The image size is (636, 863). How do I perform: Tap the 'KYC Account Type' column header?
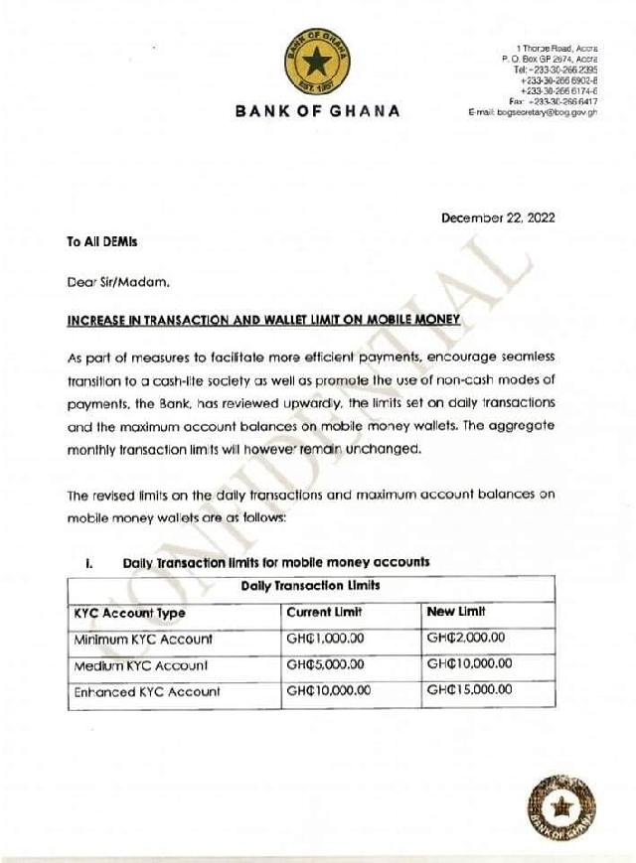[130, 613]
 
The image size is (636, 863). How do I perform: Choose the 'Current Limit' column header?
[324, 612]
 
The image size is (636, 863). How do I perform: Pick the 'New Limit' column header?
[456, 612]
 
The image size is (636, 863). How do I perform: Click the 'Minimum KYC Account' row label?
[143, 639]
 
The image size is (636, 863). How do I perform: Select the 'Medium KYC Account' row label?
[141, 665]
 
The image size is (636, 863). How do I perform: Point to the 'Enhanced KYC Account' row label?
[146, 691]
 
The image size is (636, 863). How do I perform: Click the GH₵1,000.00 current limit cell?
[325, 639]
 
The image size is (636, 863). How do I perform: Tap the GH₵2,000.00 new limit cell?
[466, 639]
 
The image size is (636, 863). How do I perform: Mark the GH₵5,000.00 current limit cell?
[325, 665]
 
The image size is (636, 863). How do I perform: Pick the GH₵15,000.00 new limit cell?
[469, 691]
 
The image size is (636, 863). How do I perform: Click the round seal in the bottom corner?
[563, 807]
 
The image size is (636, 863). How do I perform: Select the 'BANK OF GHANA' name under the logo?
[318, 111]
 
